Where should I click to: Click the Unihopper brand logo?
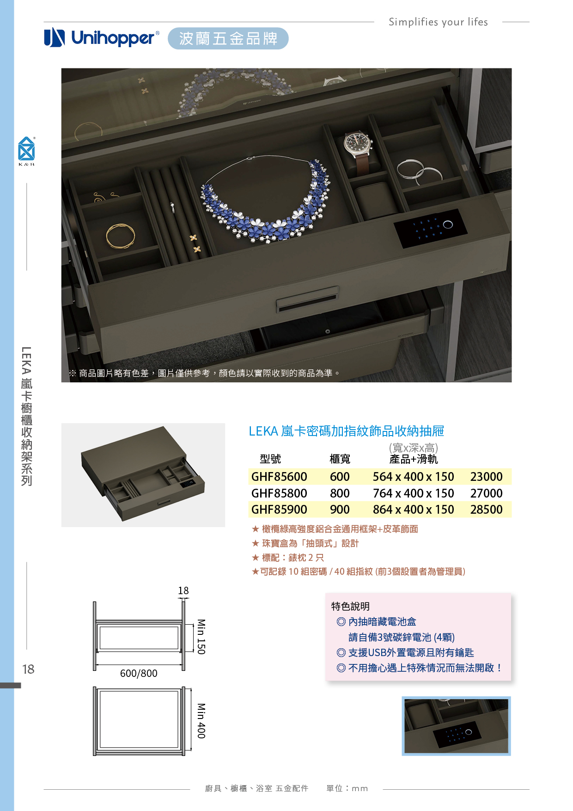tap(102, 38)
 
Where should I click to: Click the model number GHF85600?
tap(279, 477)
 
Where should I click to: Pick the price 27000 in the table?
tap(486, 493)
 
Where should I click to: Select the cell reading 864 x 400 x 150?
tap(413, 510)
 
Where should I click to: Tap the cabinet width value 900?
tap(340, 510)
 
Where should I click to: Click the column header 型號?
tap(270, 459)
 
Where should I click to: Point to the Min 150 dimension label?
tap(201, 637)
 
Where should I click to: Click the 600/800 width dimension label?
tap(139, 673)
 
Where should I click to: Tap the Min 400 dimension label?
tap(201, 721)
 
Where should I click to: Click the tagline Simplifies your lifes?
tap(438, 22)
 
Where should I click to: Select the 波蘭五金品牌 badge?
tap(228, 38)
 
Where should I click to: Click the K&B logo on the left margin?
tap(26, 151)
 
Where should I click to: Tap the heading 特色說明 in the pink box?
tap(350, 606)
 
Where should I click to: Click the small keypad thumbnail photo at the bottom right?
tap(456, 726)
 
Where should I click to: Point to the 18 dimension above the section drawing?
tap(183, 590)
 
